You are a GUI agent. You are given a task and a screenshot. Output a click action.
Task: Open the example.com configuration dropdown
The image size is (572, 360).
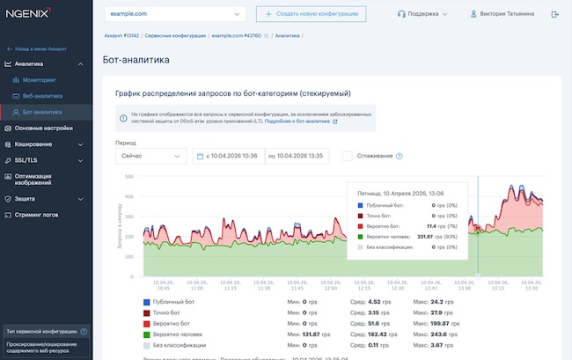[174, 14]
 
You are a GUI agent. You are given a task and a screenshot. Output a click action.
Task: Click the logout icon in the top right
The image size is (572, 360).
[554, 14]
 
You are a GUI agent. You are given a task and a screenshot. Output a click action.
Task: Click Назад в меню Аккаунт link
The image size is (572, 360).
[39, 49]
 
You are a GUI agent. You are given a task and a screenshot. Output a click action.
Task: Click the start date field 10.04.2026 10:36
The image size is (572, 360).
[226, 156]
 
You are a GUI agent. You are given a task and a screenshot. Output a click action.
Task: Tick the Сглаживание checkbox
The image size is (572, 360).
[348, 156]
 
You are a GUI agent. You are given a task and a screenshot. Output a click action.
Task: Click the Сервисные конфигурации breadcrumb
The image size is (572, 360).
[179, 37]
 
